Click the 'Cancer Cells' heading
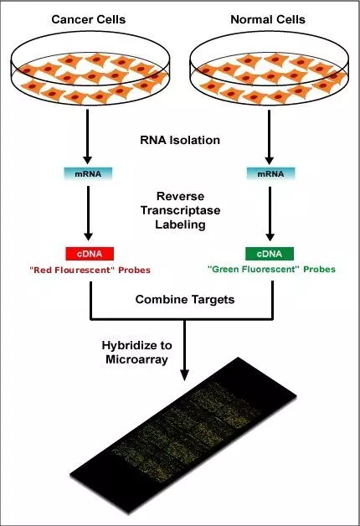coord(90,18)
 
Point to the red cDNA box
coord(90,254)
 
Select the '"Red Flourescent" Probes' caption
coord(90,271)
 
